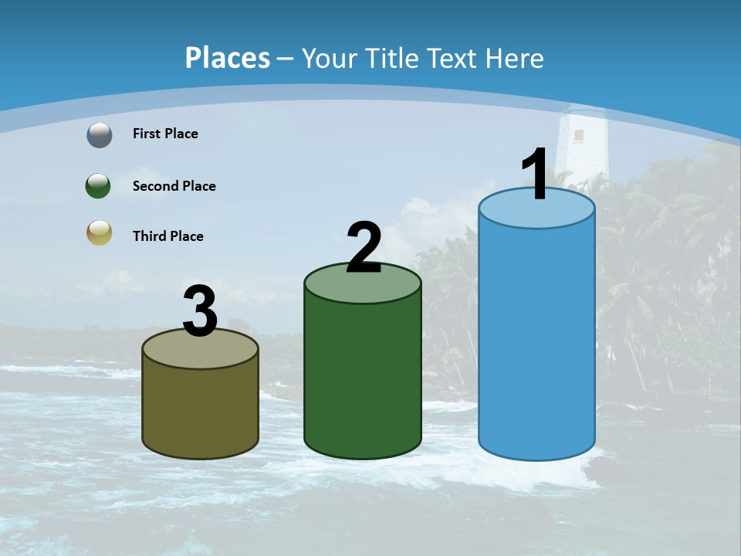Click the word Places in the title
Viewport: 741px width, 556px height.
[228, 58]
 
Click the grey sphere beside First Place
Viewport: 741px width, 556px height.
[100, 135]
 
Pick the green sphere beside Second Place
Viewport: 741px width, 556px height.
[99, 186]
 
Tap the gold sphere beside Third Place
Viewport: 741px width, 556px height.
[99, 232]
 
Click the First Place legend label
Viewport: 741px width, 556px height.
[165, 134]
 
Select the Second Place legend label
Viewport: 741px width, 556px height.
[174, 186]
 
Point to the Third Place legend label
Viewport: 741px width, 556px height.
[167, 236]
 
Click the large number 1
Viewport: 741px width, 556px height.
[536, 175]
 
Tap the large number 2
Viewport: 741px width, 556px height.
[364, 248]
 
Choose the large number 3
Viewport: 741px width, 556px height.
[200, 313]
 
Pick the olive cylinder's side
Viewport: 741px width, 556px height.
[200, 409]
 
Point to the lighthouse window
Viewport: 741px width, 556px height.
[578, 136]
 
